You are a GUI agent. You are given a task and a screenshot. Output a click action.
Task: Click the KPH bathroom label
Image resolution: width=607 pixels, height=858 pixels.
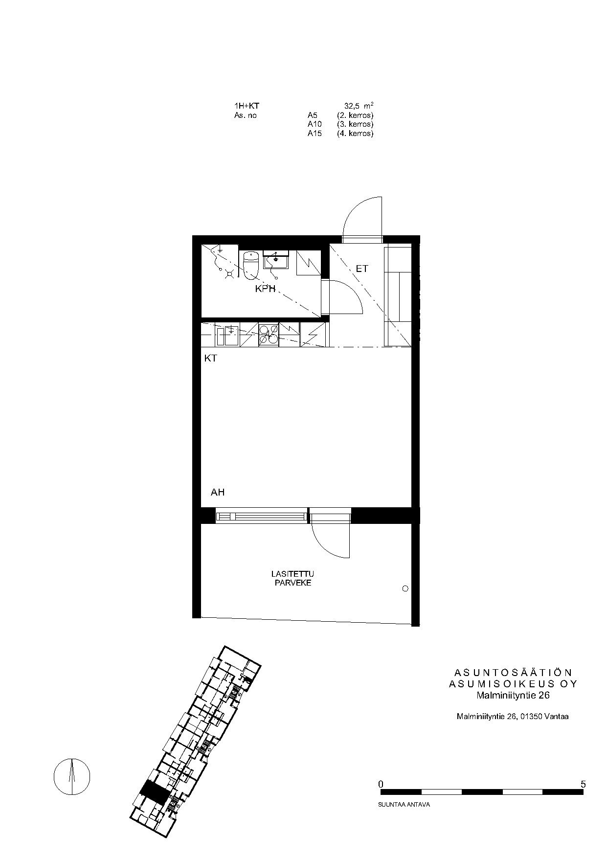[266, 289]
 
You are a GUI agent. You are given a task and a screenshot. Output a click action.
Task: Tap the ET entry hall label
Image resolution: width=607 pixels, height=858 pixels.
[361, 269]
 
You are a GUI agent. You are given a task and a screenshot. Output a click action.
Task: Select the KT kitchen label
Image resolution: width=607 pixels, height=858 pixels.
[210, 359]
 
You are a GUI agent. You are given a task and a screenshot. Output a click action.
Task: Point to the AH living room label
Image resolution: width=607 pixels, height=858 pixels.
[218, 492]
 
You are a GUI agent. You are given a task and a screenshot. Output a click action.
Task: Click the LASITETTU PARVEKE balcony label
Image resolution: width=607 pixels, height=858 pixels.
[292, 578]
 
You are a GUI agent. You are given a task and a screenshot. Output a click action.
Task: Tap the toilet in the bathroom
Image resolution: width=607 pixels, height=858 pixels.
[250, 265]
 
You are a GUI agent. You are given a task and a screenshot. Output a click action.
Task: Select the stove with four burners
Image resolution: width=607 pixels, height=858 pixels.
[268, 335]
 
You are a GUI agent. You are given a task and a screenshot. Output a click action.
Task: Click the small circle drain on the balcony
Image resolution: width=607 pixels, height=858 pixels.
[405, 588]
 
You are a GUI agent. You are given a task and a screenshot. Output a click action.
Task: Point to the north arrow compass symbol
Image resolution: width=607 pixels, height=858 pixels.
[72, 777]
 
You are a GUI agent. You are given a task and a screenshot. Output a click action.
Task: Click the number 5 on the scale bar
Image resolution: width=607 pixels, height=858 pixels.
[583, 784]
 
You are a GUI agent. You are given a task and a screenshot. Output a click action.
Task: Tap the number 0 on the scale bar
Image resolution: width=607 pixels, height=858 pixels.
[381, 784]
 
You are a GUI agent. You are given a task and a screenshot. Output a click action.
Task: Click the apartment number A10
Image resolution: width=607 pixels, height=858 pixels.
[315, 124]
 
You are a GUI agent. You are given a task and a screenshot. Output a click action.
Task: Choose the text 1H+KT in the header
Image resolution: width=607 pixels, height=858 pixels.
[247, 106]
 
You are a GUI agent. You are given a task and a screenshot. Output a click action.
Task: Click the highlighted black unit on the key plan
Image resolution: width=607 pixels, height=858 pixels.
[155, 791]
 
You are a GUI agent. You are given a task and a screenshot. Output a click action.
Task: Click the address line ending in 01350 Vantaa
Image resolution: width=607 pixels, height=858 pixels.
[513, 717]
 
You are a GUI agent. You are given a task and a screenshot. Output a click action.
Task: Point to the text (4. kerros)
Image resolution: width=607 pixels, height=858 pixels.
[355, 134]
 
